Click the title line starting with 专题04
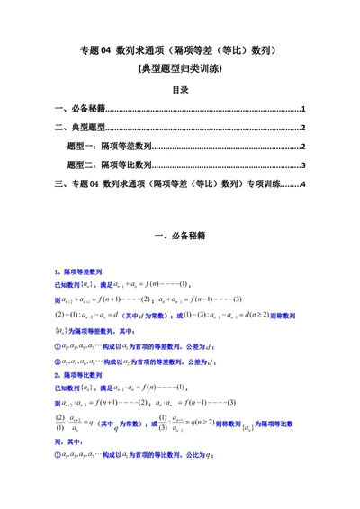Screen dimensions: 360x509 (180, 52)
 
